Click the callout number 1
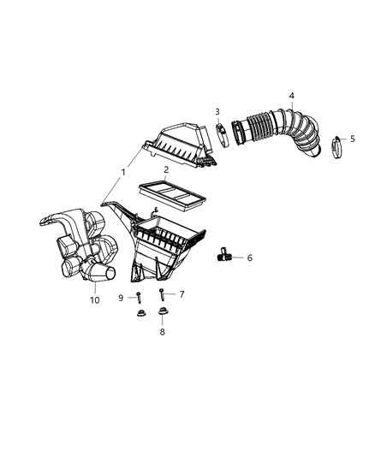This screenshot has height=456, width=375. [122, 172]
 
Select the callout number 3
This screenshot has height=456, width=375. [217, 112]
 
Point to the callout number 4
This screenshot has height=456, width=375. [291, 95]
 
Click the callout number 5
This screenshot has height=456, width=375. [353, 139]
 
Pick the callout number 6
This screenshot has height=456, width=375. [249, 257]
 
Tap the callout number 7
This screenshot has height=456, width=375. [181, 293]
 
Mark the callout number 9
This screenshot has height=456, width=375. [122, 297]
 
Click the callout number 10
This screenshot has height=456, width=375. [95, 300]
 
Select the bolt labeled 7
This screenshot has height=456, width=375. [162, 295]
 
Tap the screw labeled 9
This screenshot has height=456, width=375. [137, 297]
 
